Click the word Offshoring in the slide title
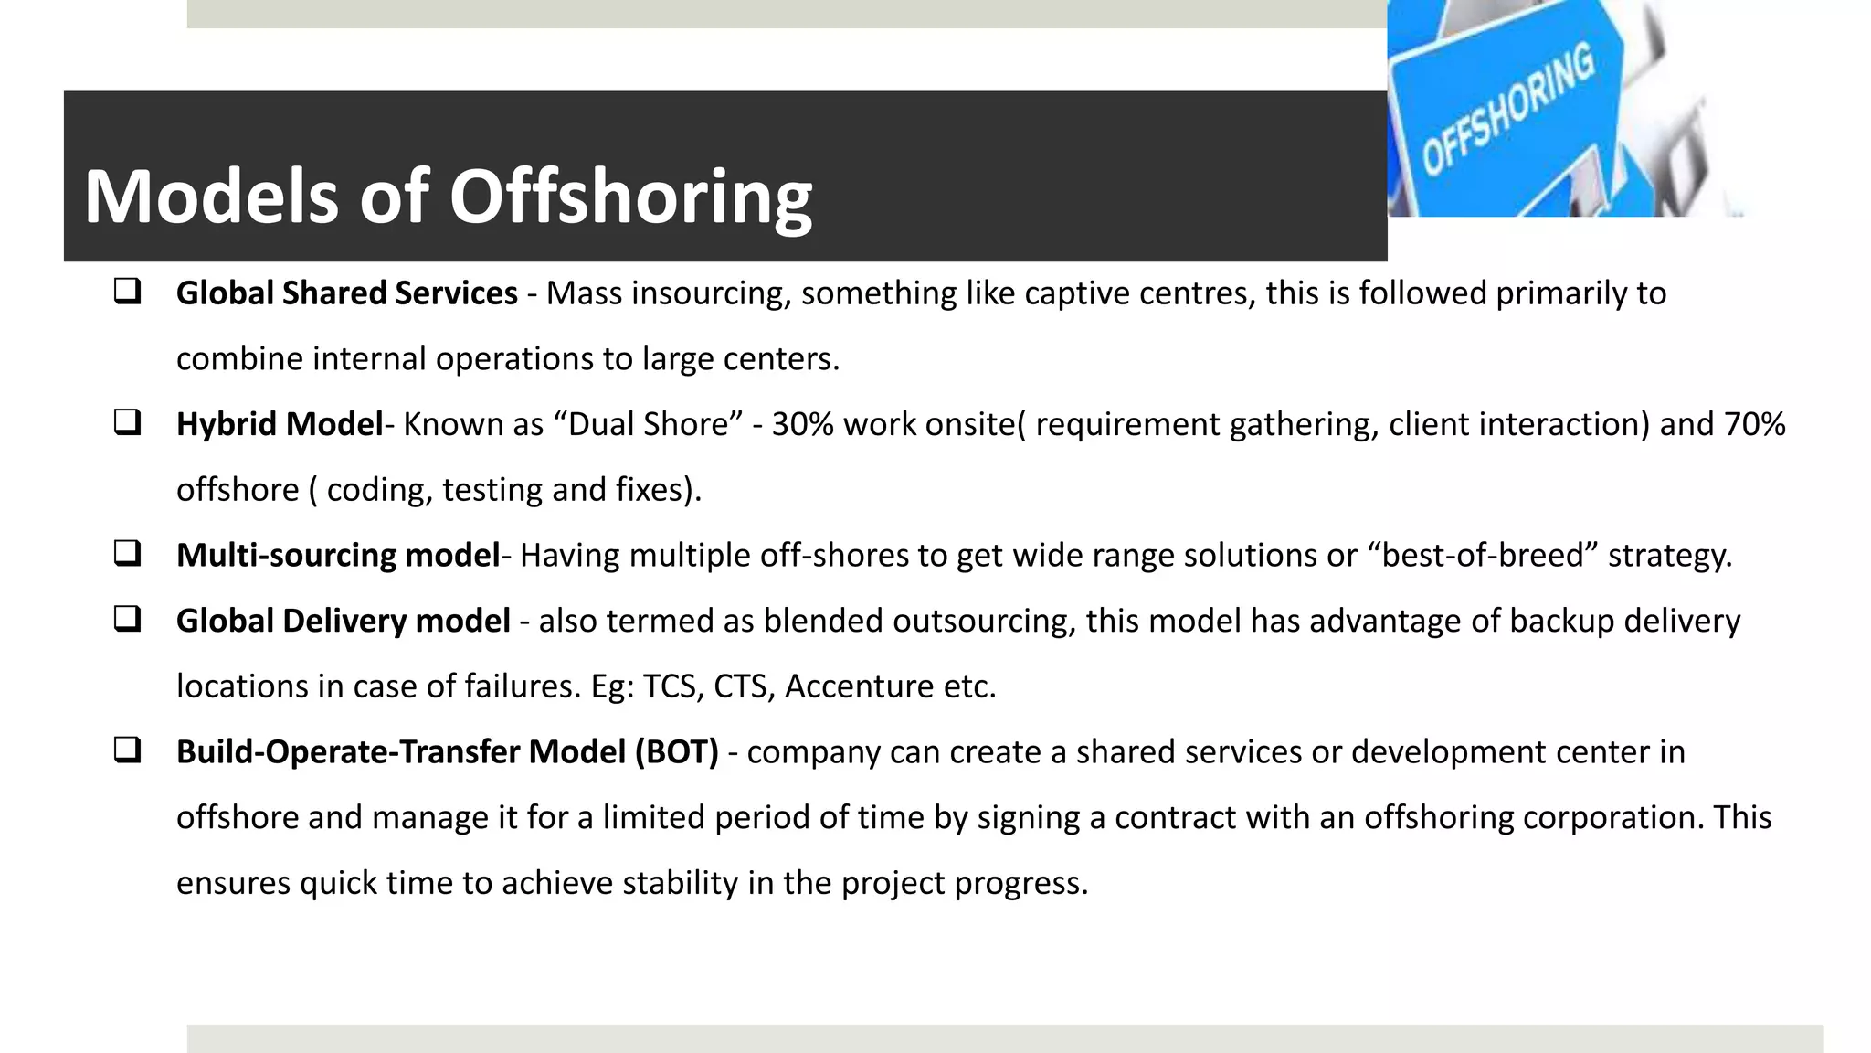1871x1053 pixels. [x=630, y=198]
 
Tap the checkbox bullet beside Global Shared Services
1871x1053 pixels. [x=127, y=292]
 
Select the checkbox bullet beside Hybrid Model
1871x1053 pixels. [x=127, y=422]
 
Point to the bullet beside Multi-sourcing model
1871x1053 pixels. [x=127, y=553]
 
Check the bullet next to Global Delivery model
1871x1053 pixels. [x=127, y=619]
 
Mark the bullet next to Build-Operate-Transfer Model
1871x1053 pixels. [x=127, y=750]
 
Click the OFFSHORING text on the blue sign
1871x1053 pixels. [x=1507, y=110]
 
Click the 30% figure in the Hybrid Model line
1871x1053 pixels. [x=802, y=425]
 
